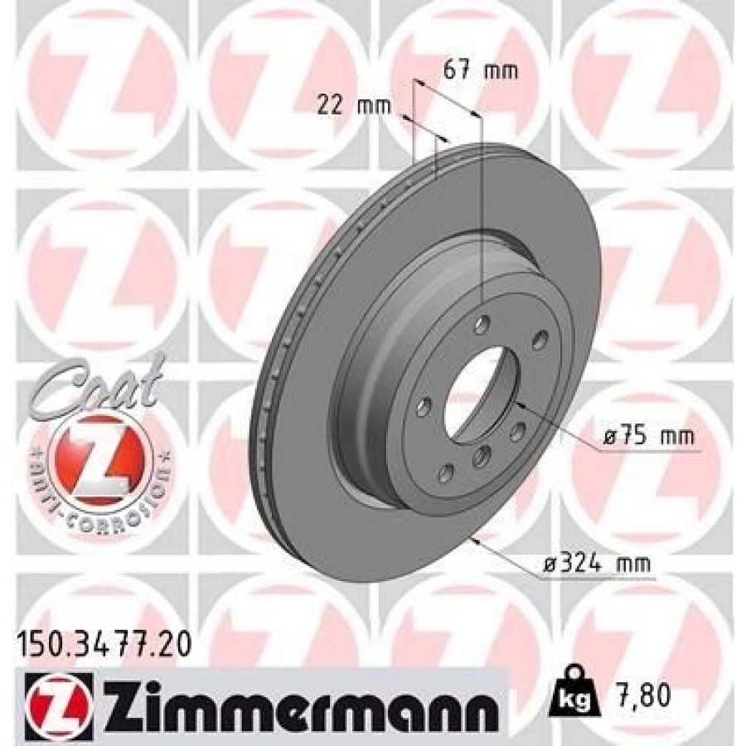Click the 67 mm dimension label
(x=481, y=70)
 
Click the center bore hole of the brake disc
(x=477, y=387)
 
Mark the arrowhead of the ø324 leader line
(x=473, y=540)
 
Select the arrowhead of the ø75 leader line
(x=518, y=404)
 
